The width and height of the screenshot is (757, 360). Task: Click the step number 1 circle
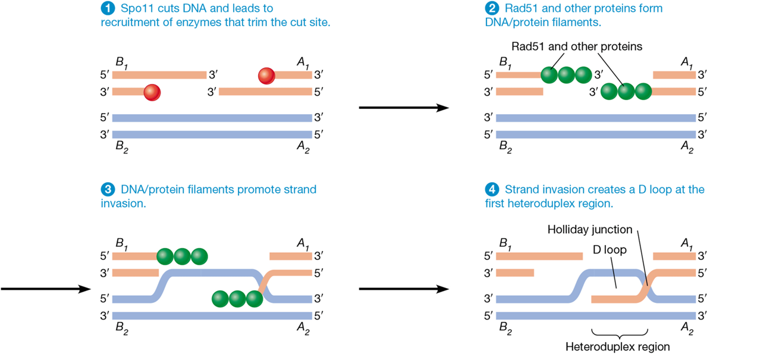[108, 9]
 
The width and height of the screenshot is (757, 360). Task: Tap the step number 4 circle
[492, 190]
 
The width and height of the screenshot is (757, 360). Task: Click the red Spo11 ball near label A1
[266, 76]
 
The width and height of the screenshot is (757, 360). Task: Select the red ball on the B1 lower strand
[152, 92]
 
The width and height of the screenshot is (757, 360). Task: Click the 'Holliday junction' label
[589, 229]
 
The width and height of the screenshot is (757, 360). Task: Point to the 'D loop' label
[610, 249]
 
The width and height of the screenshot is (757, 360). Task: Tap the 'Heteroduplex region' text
[617, 346]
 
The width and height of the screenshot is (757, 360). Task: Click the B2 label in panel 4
[505, 328]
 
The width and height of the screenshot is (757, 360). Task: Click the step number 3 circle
[108, 190]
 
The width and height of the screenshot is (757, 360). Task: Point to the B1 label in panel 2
[505, 62]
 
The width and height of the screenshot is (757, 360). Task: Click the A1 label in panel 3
[303, 243]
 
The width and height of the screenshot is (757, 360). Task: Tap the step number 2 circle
[492, 9]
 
